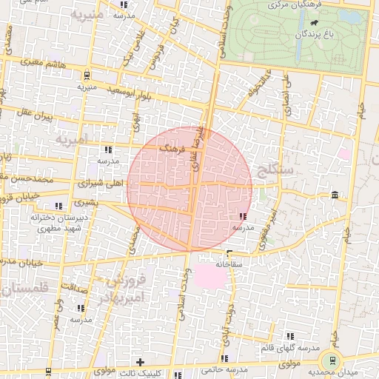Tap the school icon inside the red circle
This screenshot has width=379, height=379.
tap(243, 217)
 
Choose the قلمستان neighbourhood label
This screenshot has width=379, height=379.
tap(24, 288)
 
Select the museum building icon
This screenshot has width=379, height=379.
tap(335, 195)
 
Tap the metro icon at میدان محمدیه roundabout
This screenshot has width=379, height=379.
tap(332, 360)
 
